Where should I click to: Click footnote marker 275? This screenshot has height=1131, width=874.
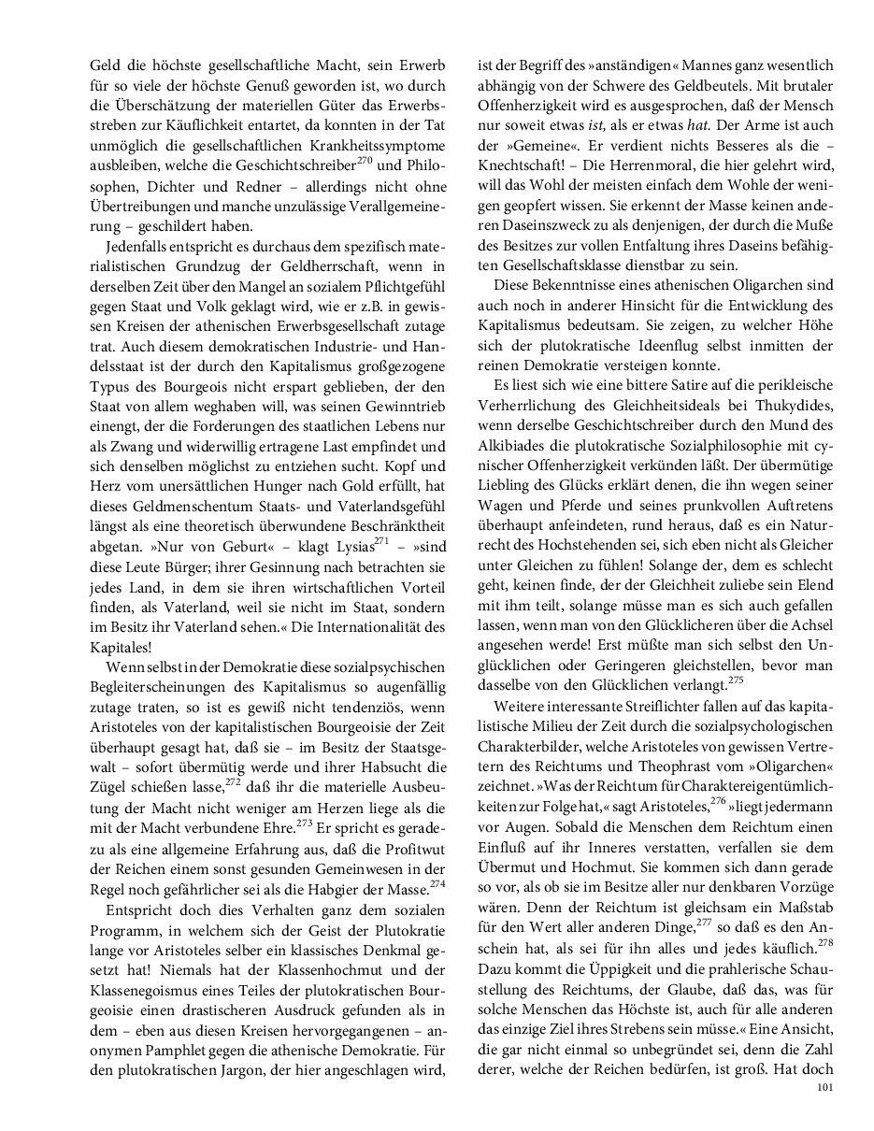[x=735, y=680]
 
